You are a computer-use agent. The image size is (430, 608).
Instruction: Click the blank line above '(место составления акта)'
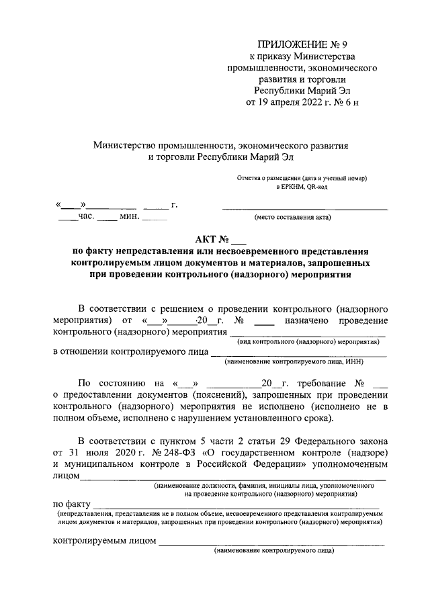point(305,209)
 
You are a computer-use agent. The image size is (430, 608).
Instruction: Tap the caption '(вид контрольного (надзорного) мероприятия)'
point(310,341)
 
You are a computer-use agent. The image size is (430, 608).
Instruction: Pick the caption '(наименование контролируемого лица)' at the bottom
point(274,550)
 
